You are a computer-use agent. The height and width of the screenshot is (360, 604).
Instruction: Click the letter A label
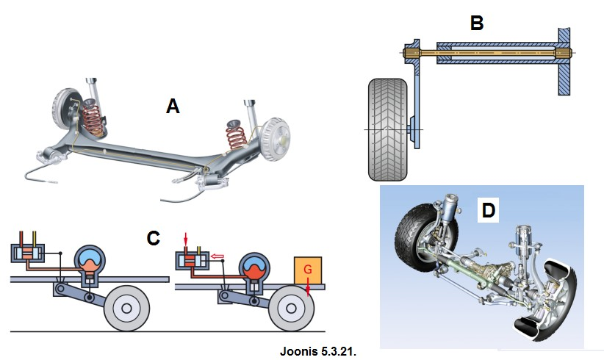[x=173, y=107]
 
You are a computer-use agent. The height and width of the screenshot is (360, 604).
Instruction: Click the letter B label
[x=477, y=24]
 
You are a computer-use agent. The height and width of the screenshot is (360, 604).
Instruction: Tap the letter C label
[x=153, y=238]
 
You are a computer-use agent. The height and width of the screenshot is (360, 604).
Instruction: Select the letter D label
[x=489, y=210]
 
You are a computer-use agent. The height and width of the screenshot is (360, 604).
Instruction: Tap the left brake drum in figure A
[x=65, y=109]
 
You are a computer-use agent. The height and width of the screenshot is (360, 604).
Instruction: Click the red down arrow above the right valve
[x=187, y=240]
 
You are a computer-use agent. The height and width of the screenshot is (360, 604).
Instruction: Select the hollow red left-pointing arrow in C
[x=217, y=257]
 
